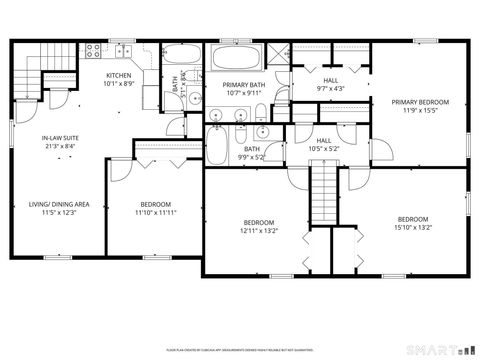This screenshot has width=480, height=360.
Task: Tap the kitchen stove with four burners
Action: (93, 49)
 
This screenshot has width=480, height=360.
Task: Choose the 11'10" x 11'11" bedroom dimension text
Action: (155, 212)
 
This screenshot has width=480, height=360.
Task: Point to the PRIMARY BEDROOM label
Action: (419, 101)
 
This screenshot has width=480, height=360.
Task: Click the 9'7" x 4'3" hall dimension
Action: (330, 88)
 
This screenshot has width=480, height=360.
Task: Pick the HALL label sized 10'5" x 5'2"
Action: (323, 140)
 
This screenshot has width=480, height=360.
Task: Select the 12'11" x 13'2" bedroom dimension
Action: (258, 230)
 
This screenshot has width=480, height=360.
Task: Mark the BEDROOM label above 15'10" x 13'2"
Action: (412, 219)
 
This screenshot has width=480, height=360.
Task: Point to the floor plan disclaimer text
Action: (240, 351)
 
